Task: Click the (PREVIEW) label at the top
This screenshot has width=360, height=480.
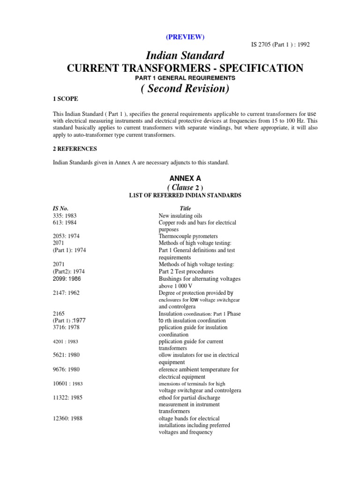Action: tap(185, 37)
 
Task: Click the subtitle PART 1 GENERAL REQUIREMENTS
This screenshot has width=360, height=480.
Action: tap(186, 78)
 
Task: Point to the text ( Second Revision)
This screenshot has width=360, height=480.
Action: tap(185, 89)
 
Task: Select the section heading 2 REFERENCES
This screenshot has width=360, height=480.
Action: tap(75, 149)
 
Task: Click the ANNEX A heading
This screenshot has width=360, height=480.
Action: tap(185, 178)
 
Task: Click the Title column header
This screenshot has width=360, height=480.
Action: tap(186, 208)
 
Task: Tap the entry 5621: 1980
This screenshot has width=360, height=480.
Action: tap(68, 355)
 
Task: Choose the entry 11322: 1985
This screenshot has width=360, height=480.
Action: tap(70, 397)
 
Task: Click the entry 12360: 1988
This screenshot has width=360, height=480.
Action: tap(70, 418)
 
